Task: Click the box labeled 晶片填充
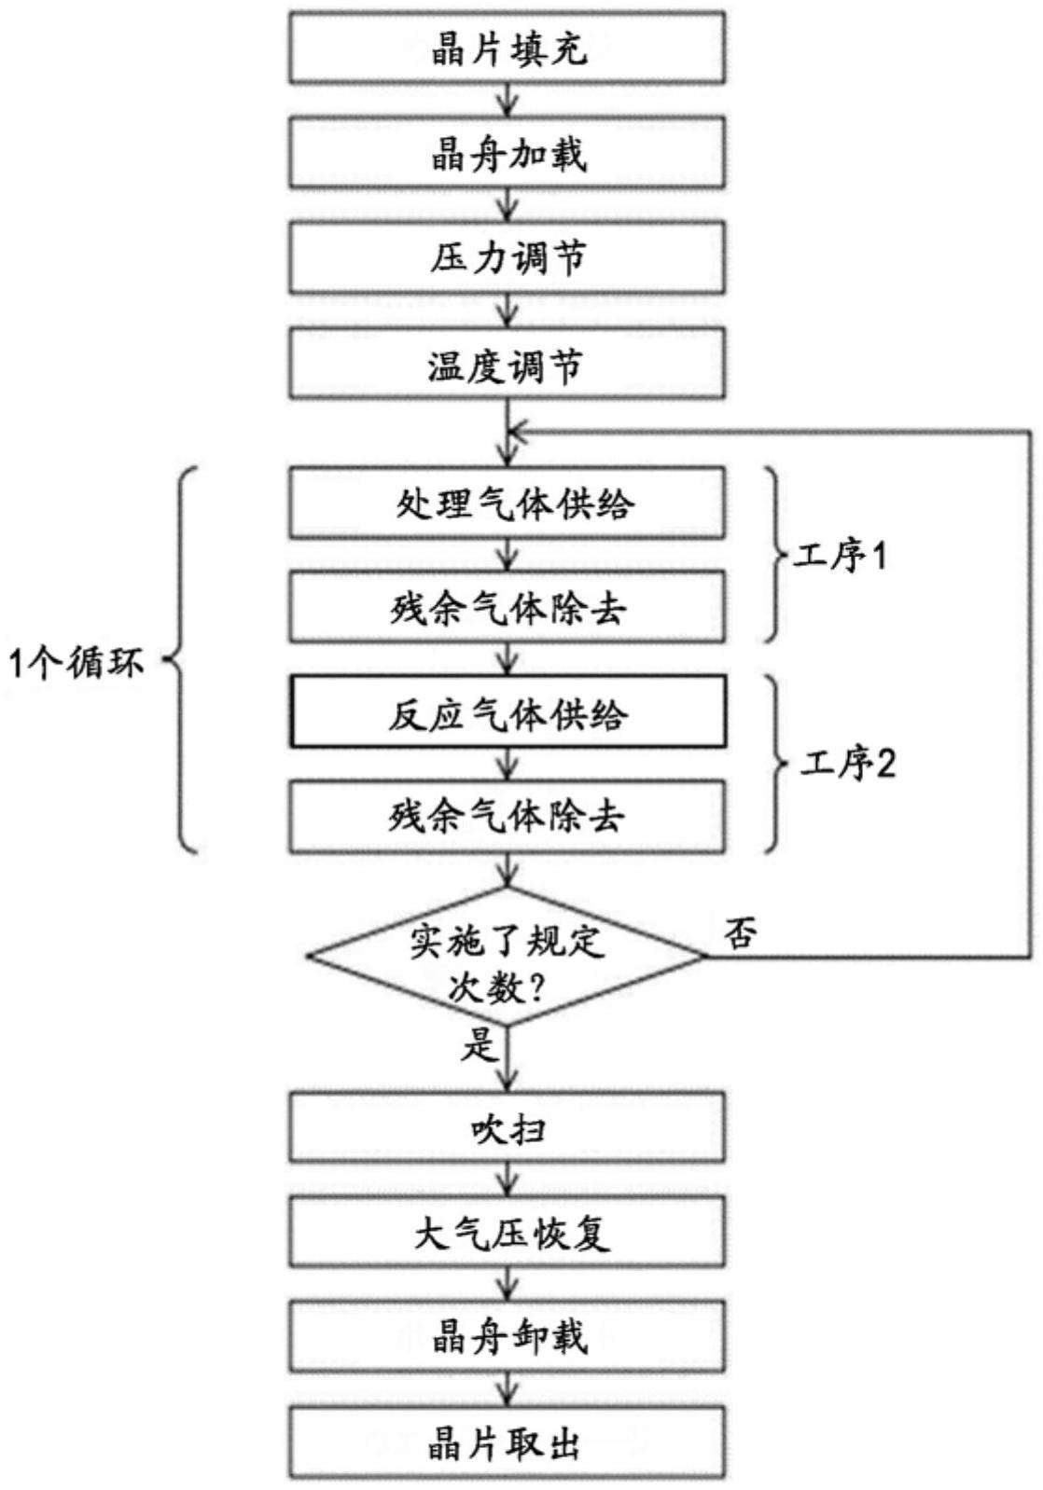tap(507, 48)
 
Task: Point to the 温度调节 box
tap(507, 365)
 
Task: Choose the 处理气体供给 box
tap(507, 504)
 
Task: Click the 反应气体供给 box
tap(507, 713)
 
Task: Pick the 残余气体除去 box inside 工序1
tap(507, 608)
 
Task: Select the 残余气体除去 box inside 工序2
tap(507, 817)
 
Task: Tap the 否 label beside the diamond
tap(740, 932)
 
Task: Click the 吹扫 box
tap(507, 1128)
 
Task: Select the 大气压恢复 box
tap(507, 1233)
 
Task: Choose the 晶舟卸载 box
tap(507, 1336)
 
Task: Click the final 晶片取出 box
tap(507, 1442)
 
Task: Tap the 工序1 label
tap(841, 557)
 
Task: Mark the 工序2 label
tap(847, 764)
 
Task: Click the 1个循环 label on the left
tap(76, 663)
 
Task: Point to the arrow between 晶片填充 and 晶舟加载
tap(507, 100)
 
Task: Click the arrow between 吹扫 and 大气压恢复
tap(507, 1180)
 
